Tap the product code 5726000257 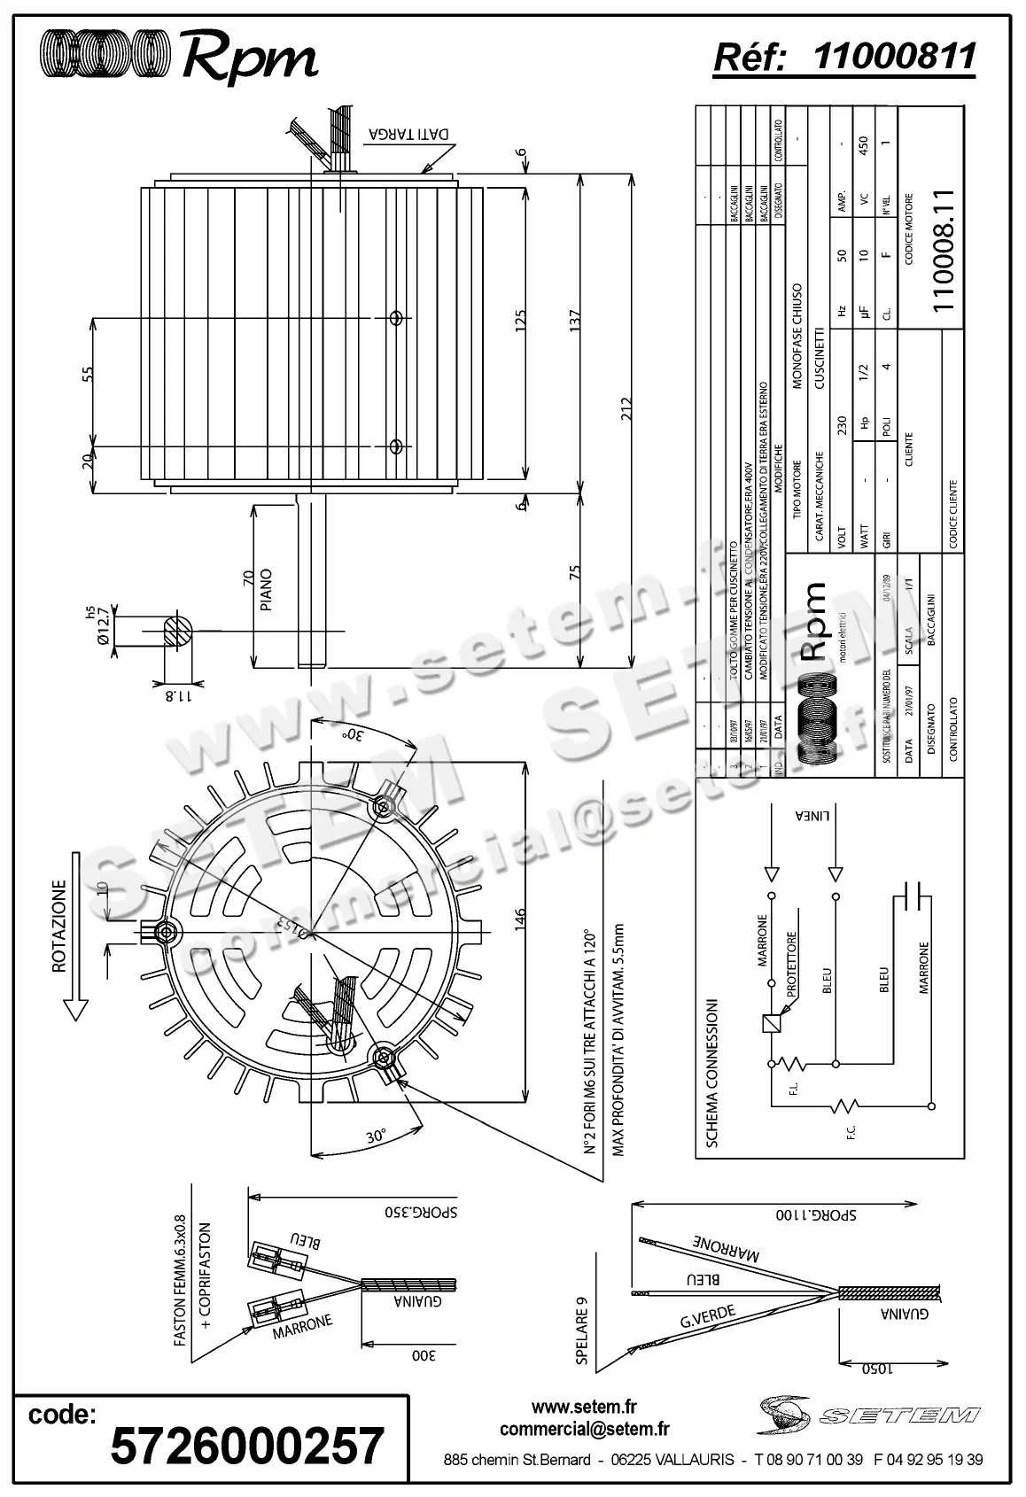(x=247, y=1445)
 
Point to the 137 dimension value (x=575, y=322)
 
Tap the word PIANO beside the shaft (x=267, y=590)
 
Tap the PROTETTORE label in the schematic (x=790, y=960)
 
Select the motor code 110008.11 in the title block (x=942, y=249)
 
